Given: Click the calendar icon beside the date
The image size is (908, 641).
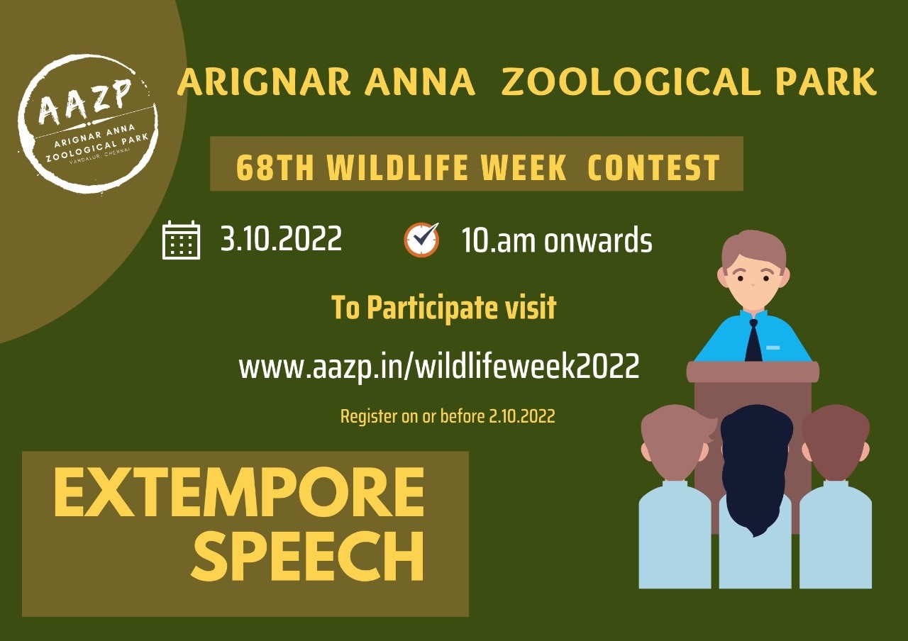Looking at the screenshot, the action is coord(181,240).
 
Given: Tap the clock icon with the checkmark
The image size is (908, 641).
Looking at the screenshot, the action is coord(421,240).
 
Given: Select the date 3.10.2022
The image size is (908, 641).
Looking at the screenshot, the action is coord(281,239).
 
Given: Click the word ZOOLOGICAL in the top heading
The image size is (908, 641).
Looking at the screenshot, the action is coord(631,82).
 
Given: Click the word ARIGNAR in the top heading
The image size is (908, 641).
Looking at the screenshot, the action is coord(263,82).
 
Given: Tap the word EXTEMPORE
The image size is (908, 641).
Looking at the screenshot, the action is coord(239,492).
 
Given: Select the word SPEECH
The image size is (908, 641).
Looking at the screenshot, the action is coord(308,556).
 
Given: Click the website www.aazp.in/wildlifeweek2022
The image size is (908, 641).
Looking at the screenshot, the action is coord(439,367).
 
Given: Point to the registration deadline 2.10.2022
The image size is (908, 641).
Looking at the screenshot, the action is coord(521,416).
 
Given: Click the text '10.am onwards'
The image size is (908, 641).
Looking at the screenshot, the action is coord(557,240).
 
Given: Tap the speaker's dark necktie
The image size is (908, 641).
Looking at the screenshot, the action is coord(753,340).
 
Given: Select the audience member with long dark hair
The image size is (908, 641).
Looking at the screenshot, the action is coord(755,496).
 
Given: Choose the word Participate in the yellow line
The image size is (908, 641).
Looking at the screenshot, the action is coord(433,308).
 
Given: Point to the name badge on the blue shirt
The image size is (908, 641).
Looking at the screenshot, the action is coord(773,347).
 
